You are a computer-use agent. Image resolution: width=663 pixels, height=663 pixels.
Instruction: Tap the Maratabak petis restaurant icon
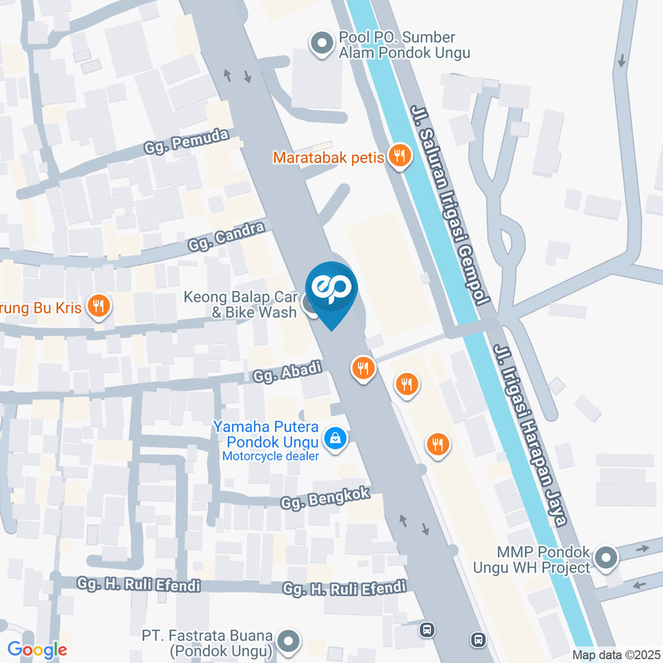tap(399, 157)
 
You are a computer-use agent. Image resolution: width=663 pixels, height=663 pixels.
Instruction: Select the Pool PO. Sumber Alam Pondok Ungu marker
tap(320, 44)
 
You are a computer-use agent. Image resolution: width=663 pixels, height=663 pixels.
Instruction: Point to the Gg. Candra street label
tap(227, 236)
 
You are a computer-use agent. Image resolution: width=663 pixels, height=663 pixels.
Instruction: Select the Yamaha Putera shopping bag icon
tap(335, 438)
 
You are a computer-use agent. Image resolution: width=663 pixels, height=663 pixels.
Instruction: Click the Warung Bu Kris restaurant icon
tap(99, 306)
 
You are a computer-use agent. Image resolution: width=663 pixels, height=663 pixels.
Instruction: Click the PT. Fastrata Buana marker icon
tap(289, 642)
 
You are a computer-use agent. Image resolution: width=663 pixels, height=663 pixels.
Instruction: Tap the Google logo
tap(37, 649)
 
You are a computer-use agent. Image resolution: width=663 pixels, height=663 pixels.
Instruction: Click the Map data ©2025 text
tap(615, 654)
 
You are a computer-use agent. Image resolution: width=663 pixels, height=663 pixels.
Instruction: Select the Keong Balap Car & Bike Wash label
tap(240, 305)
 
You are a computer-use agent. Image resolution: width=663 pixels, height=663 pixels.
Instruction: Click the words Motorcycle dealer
tap(270, 457)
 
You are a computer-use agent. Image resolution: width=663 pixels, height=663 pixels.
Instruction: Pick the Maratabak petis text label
tap(328, 157)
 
